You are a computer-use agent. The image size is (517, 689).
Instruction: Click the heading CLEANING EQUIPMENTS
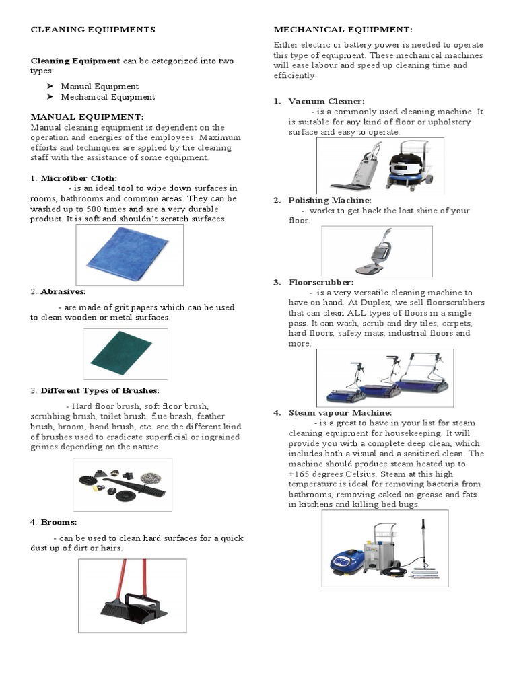coord(93,30)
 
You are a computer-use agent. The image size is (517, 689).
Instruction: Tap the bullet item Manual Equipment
coord(100,86)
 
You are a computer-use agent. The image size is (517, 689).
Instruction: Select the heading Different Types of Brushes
coord(100,390)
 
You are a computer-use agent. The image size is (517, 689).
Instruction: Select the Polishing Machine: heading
coord(329,201)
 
